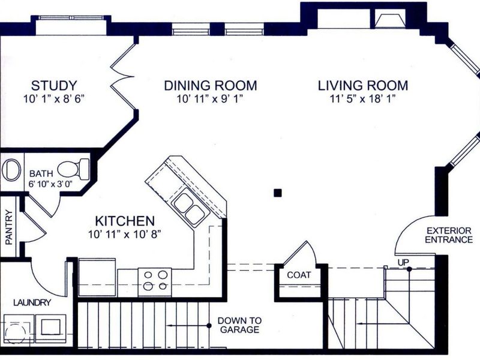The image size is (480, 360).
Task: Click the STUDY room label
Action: click(54, 85)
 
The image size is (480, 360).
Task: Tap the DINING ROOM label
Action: click(211, 85)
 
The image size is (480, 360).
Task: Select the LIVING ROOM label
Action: click(363, 85)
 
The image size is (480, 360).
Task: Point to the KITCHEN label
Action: click(125, 221)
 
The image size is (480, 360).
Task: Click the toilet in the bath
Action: click(73, 169)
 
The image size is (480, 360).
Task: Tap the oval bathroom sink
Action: click(11, 170)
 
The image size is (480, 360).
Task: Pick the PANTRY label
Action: click(9, 227)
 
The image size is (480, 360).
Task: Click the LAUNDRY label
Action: click(32, 303)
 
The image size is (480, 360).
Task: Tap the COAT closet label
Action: click(299, 275)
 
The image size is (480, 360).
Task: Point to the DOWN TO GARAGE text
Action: click(239, 325)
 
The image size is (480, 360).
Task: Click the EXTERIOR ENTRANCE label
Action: click(449, 235)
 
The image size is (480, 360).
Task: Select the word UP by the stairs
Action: click(403, 262)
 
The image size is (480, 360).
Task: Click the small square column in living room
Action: click(278, 193)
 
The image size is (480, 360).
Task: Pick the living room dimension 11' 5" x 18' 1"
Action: click(363, 99)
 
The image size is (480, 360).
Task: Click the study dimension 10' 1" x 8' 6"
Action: click(54, 99)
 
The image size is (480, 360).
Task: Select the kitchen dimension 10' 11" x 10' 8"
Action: click(125, 235)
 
